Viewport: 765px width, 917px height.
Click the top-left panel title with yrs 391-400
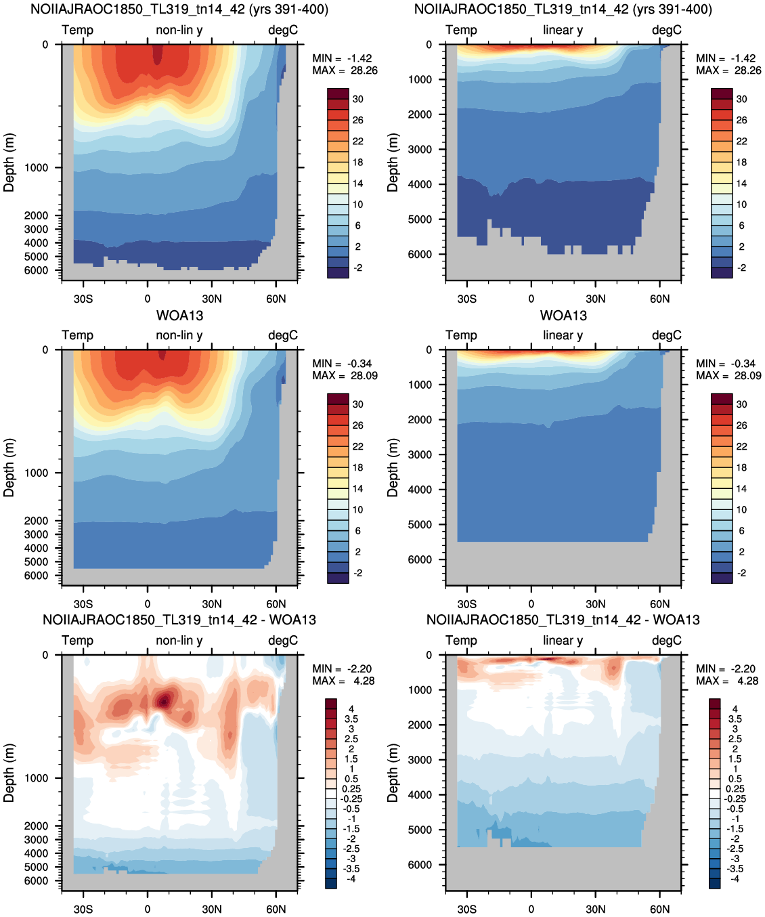point(179,9)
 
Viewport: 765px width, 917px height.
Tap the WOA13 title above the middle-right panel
point(563,316)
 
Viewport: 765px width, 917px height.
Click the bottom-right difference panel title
point(563,620)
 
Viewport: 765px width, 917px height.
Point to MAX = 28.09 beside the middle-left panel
point(345,375)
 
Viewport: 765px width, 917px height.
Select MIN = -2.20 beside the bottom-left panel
point(342,668)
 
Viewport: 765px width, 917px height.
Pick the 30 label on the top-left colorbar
point(358,99)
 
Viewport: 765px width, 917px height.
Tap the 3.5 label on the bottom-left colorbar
point(351,719)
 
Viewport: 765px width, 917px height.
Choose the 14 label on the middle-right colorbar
point(742,488)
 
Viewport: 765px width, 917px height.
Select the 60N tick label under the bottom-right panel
point(659,909)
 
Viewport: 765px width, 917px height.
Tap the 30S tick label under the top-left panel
point(83,299)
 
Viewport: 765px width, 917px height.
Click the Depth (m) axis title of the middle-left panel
point(9,468)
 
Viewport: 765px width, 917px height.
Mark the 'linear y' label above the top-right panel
point(563,30)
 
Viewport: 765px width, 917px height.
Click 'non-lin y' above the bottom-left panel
point(179,640)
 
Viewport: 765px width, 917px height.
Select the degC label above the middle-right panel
point(667,335)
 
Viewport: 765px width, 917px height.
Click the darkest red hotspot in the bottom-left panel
point(164,702)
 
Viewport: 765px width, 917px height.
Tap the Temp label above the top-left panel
point(77,30)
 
